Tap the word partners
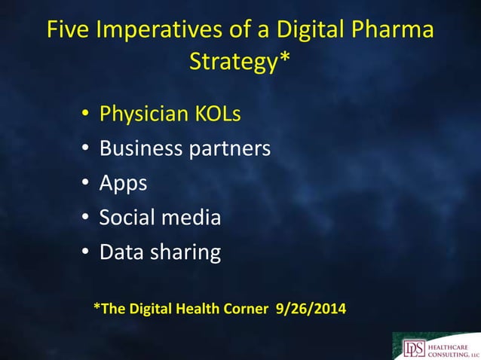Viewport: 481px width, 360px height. (x=229, y=149)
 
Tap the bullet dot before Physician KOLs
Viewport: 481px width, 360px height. (x=85, y=115)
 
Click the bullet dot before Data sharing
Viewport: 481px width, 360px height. (x=85, y=253)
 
